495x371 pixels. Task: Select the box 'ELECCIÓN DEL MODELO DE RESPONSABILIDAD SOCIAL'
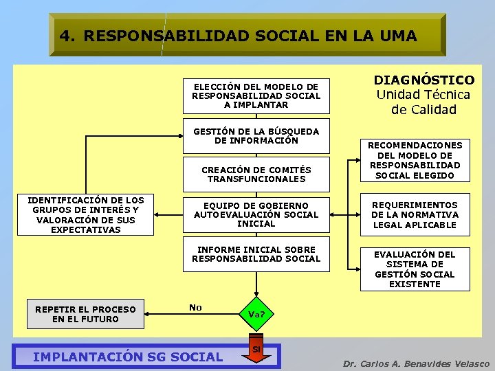[256, 95]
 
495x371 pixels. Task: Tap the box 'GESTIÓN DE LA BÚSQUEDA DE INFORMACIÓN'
[256, 136]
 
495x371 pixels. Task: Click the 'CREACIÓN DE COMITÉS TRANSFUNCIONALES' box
[256, 175]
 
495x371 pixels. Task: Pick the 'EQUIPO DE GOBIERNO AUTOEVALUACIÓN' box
[256, 214]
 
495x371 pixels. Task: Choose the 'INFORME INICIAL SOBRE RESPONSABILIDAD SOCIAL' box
[256, 254]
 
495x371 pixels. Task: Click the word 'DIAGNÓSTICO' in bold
[423, 80]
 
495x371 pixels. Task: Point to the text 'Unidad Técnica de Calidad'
[423, 102]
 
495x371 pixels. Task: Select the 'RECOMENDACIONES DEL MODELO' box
[415, 160]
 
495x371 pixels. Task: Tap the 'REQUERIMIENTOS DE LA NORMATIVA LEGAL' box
[415, 215]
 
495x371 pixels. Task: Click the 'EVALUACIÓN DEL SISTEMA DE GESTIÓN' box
[415, 269]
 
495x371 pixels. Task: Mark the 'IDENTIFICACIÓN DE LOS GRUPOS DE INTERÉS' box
[85, 215]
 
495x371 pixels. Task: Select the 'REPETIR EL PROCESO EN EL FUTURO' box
[85, 314]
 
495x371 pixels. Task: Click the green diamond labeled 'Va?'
[256, 314]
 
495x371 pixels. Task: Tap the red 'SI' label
[256, 348]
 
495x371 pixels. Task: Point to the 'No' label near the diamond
[195, 307]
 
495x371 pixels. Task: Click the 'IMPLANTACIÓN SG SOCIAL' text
[128, 357]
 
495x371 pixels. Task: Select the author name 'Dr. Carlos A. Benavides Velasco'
[417, 363]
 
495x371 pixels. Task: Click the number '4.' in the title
[67, 36]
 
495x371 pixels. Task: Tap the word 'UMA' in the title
[395, 36]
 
